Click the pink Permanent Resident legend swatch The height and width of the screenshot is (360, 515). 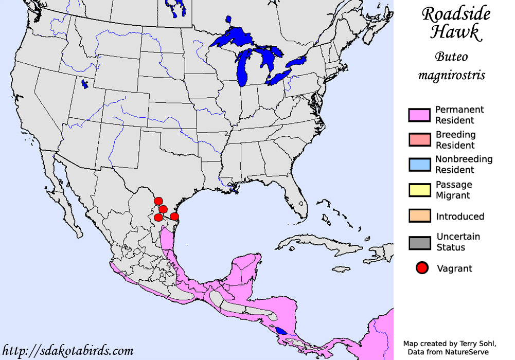tap(419, 115)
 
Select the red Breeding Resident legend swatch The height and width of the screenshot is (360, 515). tap(419, 140)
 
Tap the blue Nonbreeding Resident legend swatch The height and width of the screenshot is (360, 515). tap(419, 165)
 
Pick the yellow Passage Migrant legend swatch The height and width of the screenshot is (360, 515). tap(419, 190)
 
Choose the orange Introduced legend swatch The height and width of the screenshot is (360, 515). tap(419, 216)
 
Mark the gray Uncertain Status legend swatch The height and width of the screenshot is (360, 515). tap(419, 242)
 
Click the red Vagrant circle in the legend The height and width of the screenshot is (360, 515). tap(422, 268)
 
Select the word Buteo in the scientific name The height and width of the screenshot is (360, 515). tap(452, 57)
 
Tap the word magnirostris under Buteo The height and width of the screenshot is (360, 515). tap(452, 76)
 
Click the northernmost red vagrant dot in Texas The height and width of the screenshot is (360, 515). tap(158, 201)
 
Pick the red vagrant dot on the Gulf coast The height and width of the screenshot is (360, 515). tap(174, 217)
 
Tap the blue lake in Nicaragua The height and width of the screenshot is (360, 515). tap(281, 331)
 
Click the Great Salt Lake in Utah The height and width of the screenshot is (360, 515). tap(84, 83)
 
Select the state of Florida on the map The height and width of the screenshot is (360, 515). tap(297, 194)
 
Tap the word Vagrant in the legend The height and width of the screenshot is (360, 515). tap(454, 268)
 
